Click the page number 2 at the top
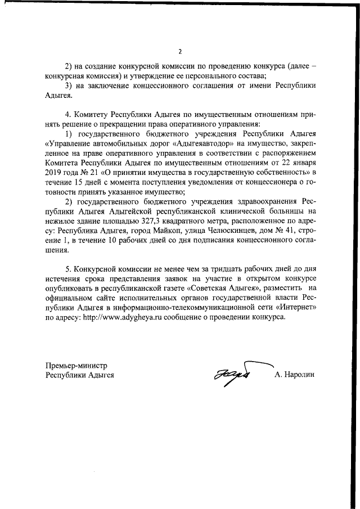click(179, 52)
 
